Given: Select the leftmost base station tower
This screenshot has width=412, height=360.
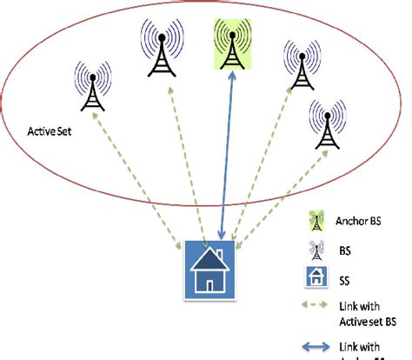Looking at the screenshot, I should [91, 86].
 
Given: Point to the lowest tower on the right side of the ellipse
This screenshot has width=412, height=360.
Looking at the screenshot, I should [326, 123].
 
